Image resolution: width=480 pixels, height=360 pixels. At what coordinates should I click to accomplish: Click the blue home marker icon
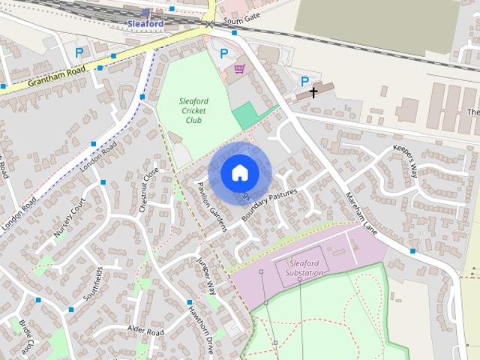point(239,172)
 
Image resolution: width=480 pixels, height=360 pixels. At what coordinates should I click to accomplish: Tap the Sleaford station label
point(145,24)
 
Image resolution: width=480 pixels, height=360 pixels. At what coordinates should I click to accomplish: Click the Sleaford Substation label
point(304,267)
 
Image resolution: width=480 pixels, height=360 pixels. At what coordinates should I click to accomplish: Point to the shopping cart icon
point(239,69)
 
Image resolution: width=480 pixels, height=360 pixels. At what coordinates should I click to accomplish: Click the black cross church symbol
point(312,93)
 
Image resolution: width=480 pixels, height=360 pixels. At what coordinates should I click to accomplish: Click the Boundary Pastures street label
point(270,204)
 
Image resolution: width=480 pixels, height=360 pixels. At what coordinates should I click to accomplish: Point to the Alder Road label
point(145,331)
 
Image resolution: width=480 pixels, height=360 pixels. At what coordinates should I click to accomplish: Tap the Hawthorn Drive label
point(202,331)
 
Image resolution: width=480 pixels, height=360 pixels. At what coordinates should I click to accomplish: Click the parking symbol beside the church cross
point(304,81)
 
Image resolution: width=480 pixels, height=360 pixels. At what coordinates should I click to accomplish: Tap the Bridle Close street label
point(25,337)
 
